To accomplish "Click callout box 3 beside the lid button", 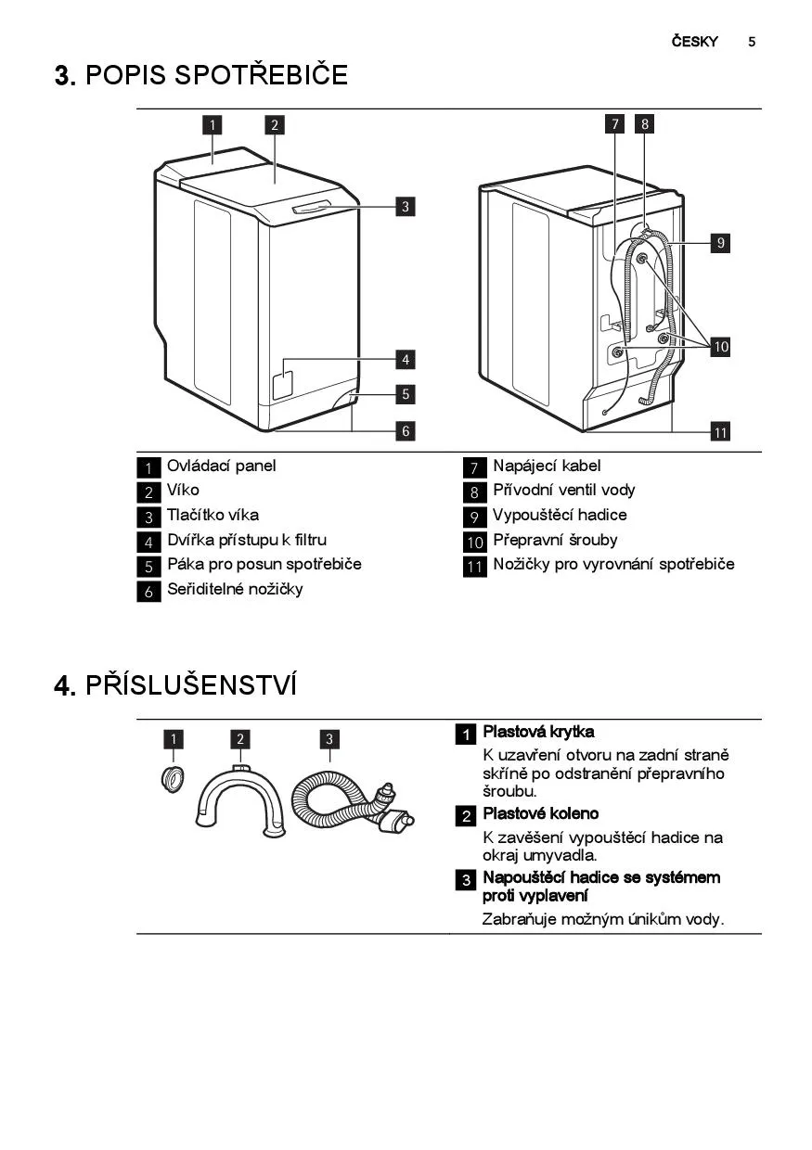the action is tap(406, 207).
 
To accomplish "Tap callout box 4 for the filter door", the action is tap(406, 360).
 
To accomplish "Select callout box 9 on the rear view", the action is tap(720, 242).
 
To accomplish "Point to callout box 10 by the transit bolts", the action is tap(720, 347).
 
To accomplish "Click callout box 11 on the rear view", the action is tap(720, 432).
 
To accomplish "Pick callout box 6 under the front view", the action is tap(406, 430).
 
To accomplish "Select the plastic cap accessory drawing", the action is tap(174, 778).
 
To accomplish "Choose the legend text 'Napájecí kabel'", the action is tap(547, 466).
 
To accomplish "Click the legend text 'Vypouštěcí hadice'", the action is tap(560, 515).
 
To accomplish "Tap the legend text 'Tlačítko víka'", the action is tap(213, 515).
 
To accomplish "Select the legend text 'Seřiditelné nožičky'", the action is tap(235, 589).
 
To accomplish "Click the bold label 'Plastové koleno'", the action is tap(540, 813).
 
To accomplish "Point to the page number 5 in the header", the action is tap(752, 42).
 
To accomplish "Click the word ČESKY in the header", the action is tap(694, 41).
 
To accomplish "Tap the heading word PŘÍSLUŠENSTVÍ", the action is tap(191, 684).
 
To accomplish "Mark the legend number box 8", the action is tap(474, 492).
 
